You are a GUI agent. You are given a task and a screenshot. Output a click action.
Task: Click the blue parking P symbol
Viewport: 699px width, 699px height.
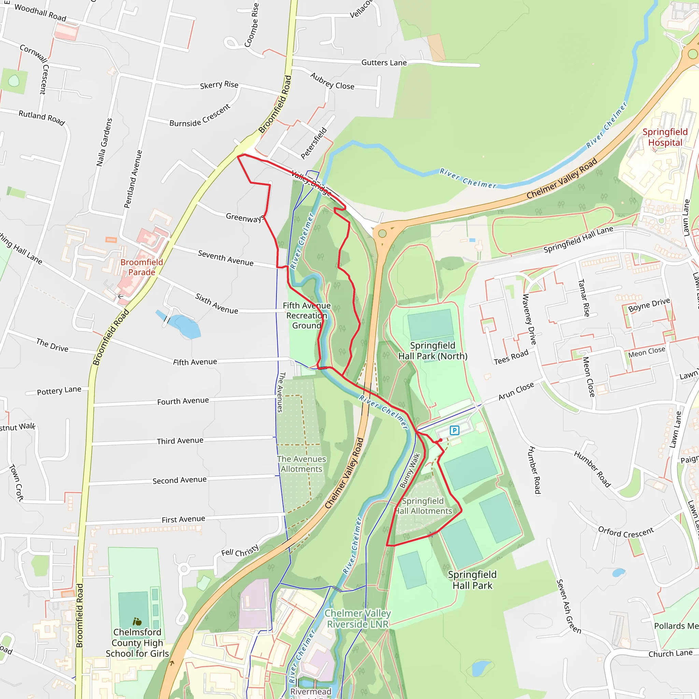pos(454,430)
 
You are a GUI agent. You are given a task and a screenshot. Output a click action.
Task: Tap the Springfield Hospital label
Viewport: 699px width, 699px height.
pos(665,137)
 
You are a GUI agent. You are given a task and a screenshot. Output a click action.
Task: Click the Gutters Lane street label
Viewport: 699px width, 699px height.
pos(384,62)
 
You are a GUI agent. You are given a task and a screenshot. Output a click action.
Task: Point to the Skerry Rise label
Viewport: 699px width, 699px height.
pos(219,85)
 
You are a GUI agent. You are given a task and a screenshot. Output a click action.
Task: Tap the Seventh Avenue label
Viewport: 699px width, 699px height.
pos(225,258)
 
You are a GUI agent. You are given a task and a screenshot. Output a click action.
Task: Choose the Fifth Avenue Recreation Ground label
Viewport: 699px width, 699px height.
pos(306,315)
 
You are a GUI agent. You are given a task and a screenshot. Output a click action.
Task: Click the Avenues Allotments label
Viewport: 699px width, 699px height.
pos(301,464)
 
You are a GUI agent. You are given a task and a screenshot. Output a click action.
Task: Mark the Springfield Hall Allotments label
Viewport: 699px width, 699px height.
pos(423,506)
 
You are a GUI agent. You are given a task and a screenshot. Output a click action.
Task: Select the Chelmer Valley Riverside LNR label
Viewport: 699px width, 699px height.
pos(357,618)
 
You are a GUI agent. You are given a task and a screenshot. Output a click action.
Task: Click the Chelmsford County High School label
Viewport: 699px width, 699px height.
pos(137,643)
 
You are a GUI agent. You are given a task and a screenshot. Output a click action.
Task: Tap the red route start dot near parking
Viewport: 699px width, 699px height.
pos(441,440)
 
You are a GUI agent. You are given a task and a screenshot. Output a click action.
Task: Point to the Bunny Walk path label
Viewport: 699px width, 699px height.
pos(410,470)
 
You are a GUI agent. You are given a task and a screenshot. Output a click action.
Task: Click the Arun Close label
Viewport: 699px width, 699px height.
pos(516,391)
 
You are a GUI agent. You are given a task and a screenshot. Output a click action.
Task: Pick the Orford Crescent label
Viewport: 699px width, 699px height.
pos(626,532)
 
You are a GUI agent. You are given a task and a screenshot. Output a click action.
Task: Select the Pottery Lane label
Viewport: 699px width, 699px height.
pos(59,391)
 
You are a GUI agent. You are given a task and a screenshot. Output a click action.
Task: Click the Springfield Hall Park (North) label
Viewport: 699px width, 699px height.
pos(433,351)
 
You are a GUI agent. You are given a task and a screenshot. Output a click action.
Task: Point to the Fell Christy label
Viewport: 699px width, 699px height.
pos(240,550)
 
